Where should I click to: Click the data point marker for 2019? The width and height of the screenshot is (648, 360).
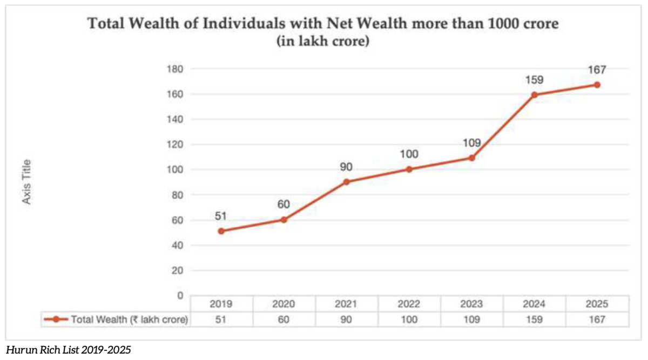pyautogui.click(x=221, y=231)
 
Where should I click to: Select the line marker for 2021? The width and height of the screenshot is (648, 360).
pyautogui.click(x=346, y=182)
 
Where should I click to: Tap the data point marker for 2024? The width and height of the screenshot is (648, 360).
pyautogui.click(x=534, y=95)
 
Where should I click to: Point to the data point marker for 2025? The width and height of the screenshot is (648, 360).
pyautogui.click(x=597, y=85)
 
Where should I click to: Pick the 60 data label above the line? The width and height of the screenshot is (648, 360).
pyautogui.click(x=283, y=205)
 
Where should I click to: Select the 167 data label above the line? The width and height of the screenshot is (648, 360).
pyautogui.click(x=597, y=70)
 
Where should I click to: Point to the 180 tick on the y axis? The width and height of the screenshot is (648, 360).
pyautogui.click(x=178, y=69)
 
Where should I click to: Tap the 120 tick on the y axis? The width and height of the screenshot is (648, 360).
pyautogui.click(x=178, y=145)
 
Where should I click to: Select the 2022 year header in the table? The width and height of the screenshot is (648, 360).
pyautogui.click(x=409, y=304)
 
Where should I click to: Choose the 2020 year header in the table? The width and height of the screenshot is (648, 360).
pyautogui.click(x=283, y=304)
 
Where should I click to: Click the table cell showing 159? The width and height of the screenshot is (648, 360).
pyautogui.click(x=534, y=320)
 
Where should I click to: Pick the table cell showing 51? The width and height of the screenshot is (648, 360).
pyautogui.click(x=221, y=320)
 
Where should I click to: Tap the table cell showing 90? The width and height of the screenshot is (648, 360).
pyautogui.click(x=346, y=320)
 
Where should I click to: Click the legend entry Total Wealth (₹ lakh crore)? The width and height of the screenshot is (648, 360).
pyautogui.click(x=116, y=320)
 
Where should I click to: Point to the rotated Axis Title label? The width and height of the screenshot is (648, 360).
pyautogui.click(x=26, y=182)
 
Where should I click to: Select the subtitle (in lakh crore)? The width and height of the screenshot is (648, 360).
pyautogui.click(x=323, y=42)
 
